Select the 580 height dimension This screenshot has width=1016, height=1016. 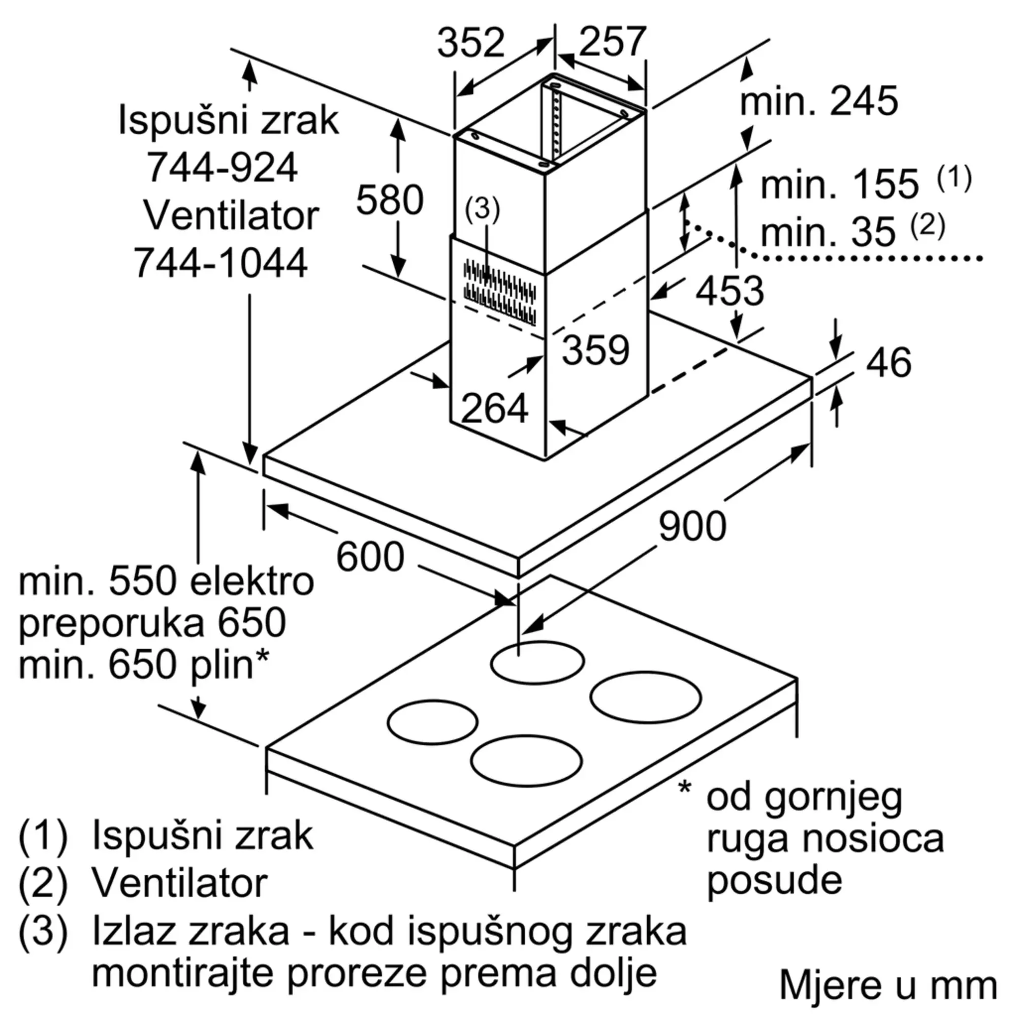pyautogui.click(x=390, y=200)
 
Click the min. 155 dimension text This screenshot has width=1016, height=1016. pyautogui.click(x=839, y=184)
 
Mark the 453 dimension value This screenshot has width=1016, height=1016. pyautogui.click(x=729, y=291)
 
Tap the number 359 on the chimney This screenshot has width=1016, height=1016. pyautogui.click(x=595, y=350)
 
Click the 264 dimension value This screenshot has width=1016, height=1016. pyautogui.click(x=494, y=408)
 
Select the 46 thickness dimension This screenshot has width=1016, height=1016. pyautogui.click(x=888, y=362)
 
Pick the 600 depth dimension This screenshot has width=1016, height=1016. pyautogui.click(x=370, y=557)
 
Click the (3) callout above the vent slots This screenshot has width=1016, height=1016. pyautogui.click(x=482, y=209)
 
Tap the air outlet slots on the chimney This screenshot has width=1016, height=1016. pyautogui.click(x=499, y=293)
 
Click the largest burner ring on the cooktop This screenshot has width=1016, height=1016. pyautogui.click(x=645, y=697)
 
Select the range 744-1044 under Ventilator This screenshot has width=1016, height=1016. pyautogui.click(x=220, y=263)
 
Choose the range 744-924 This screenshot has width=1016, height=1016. pyautogui.click(x=222, y=168)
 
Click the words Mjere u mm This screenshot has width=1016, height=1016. pyautogui.click(x=887, y=985)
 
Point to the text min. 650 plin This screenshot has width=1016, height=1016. pyautogui.click(x=143, y=664)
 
